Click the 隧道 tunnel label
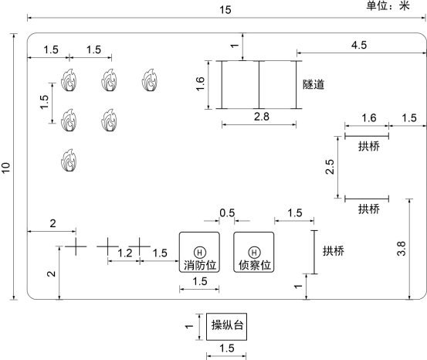click(313, 84)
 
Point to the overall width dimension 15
click(225, 10)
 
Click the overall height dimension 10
click(6, 168)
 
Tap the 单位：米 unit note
click(388, 5)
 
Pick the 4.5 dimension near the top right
click(359, 45)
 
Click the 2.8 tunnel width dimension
click(262, 117)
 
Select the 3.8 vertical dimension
click(402, 249)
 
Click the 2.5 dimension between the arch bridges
click(330, 167)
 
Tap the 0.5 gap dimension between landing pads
click(227, 213)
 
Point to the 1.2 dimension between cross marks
click(125, 253)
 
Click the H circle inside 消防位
click(200, 253)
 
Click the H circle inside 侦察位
click(254, 253)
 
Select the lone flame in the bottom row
click(69, 160)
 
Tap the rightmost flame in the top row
click(150, 80)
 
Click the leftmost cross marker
click(76, 246)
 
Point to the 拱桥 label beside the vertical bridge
click(334, 251)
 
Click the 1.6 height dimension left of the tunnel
click(200, 84)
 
